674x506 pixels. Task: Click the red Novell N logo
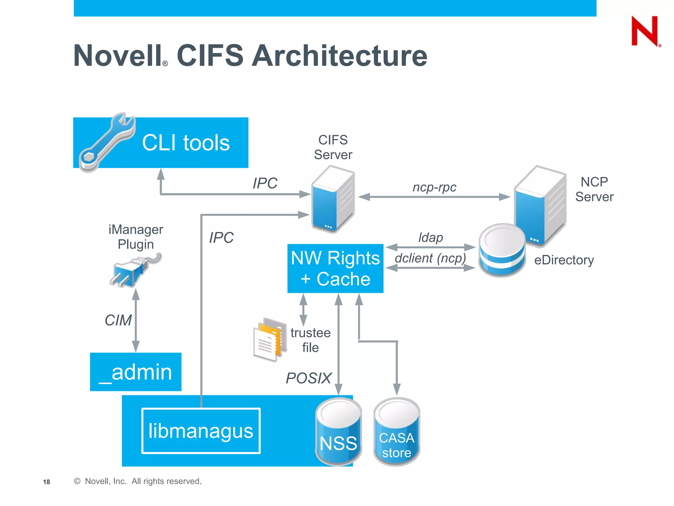click(x=645, y=31)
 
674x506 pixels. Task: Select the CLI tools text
click(x=186, y=143)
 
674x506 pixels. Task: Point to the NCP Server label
click(x=594, y=189)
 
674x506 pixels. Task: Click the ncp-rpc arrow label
click(x=434, y=187)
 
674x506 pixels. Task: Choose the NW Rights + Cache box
click(x=335, y=268)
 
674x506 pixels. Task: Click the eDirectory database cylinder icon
click(x=502, y=250)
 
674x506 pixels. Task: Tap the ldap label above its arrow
click(x=430, y=237)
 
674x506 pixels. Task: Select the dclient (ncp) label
click(x=430, y=258)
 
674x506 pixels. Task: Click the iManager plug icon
click(x=133, y=270)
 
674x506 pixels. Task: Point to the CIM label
click(x=118, y=320)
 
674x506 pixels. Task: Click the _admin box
click(x=136, y=372)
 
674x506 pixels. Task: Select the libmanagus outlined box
click(x=201, y=431)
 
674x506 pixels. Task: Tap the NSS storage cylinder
click(x=338, y=432)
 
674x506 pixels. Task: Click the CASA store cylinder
click(x=397, y=432)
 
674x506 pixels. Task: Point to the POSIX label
click(x=308, y=378)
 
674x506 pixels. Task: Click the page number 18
click(x=46, y=482)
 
